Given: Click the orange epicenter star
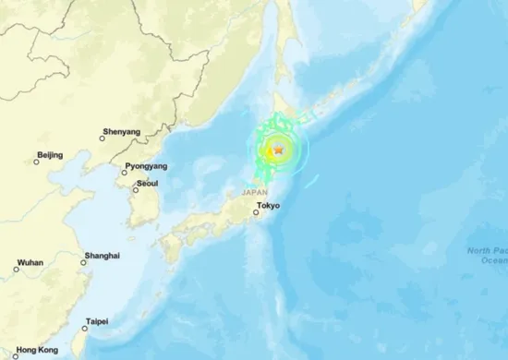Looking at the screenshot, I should click(x=278, y=150).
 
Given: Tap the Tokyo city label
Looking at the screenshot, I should click(x=268, y=205).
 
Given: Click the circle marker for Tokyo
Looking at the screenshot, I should click(x=255, y=212).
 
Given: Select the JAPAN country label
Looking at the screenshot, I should click(x=254, y=192).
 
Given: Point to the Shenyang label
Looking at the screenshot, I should click(x=121, y=132).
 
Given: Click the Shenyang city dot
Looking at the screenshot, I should click(x=102, y=139).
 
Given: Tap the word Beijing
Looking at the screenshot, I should click(x=49, y=154).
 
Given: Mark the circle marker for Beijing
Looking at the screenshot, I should click(x=37, y=162).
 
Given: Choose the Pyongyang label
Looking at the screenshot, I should click(x=146, y=165).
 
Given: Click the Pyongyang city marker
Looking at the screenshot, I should click(x=126, y=170).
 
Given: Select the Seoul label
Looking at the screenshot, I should click(x=146, y=184).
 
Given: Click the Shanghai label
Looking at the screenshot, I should click(x=102, y=254).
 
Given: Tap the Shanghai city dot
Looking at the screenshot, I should click(x=83, y=262).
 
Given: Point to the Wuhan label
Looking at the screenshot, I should click(x=30, y=262).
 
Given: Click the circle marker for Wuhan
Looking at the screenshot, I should click(x=16, y=270).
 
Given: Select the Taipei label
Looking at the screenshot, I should click(x=96, y=321).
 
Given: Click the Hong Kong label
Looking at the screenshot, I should click(x=37, y=350).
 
